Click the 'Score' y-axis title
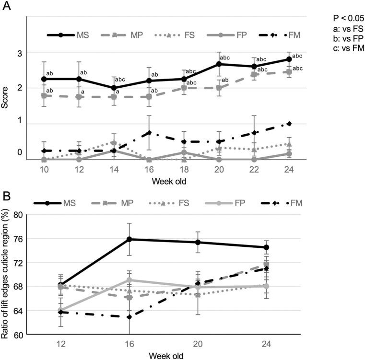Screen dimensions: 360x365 [6, 88]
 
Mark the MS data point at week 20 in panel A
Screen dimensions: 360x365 [219, 64]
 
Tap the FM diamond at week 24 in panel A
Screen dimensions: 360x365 [289, 124]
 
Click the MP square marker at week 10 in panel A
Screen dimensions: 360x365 [44, 96]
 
